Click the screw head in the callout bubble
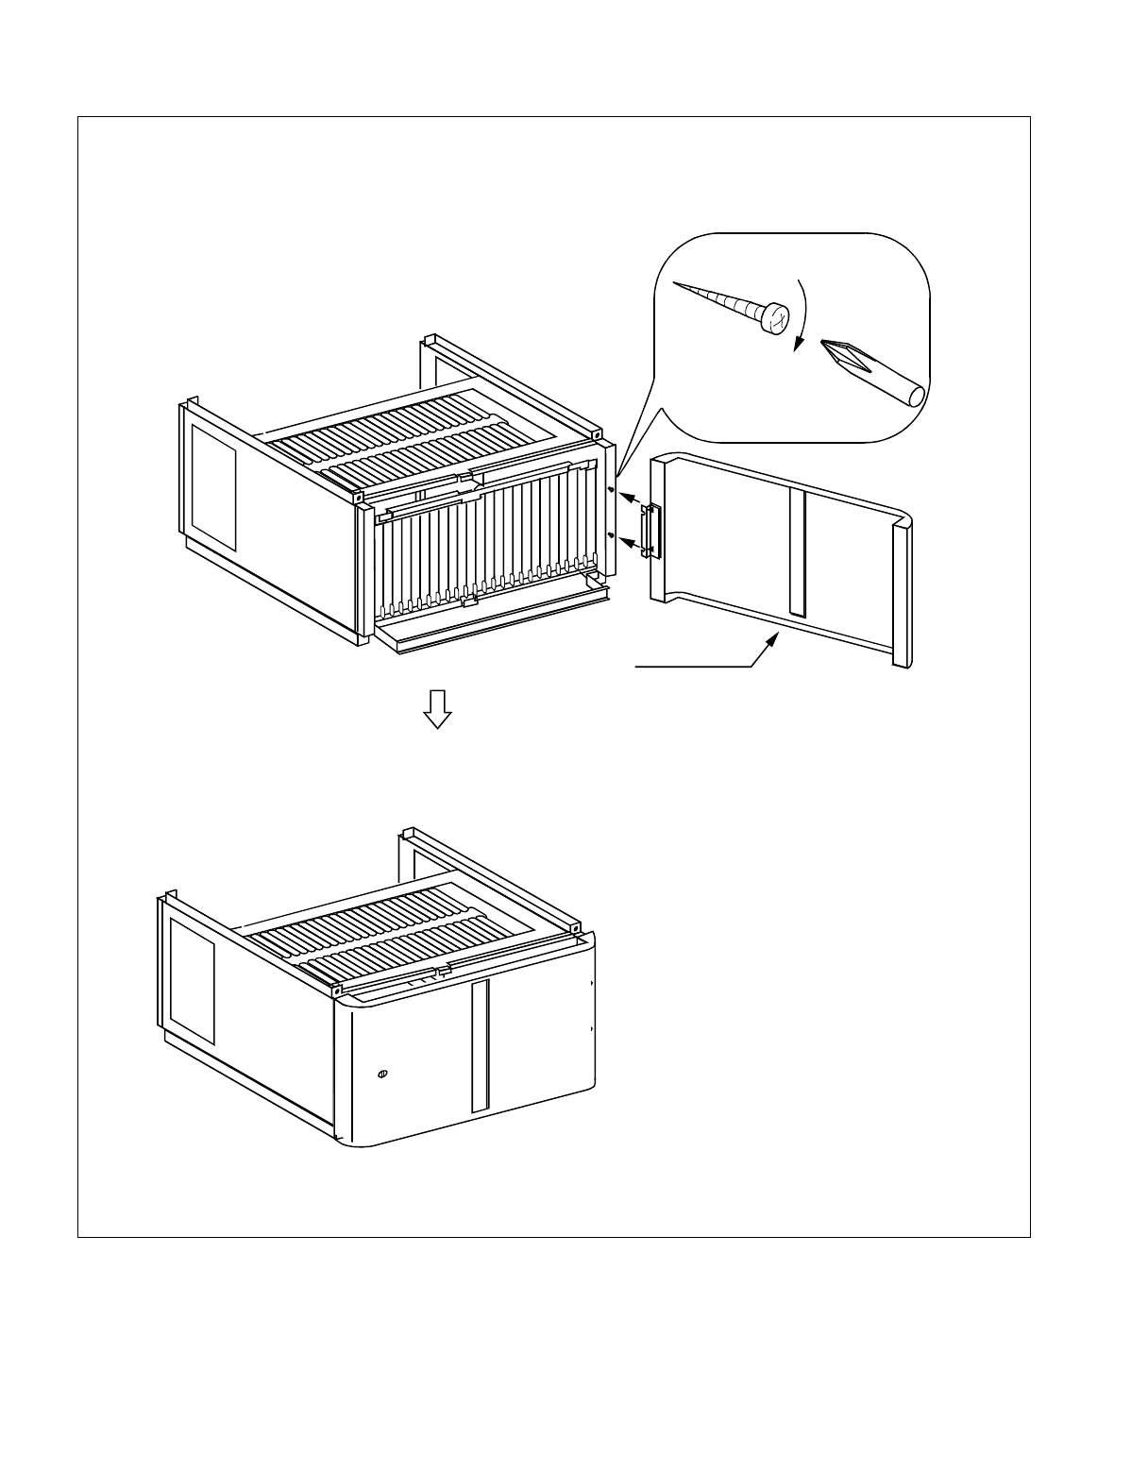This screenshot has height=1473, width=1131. [x=776, y=318]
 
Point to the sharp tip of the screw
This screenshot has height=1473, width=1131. [x=674, y=282]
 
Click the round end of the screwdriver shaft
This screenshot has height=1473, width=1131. [x=913, y=395]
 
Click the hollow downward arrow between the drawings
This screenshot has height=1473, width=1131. [x=436, y=707]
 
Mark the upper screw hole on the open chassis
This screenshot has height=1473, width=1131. [x=611, y=491]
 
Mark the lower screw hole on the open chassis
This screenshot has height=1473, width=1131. [x=611, y=535]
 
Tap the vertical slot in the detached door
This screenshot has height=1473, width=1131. [x=798, y=554]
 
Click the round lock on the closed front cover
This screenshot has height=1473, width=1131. [x=382, y=1074]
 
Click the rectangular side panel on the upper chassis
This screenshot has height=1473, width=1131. [x=213, y=486]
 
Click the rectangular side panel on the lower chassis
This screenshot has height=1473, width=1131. [x=192, y=994]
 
